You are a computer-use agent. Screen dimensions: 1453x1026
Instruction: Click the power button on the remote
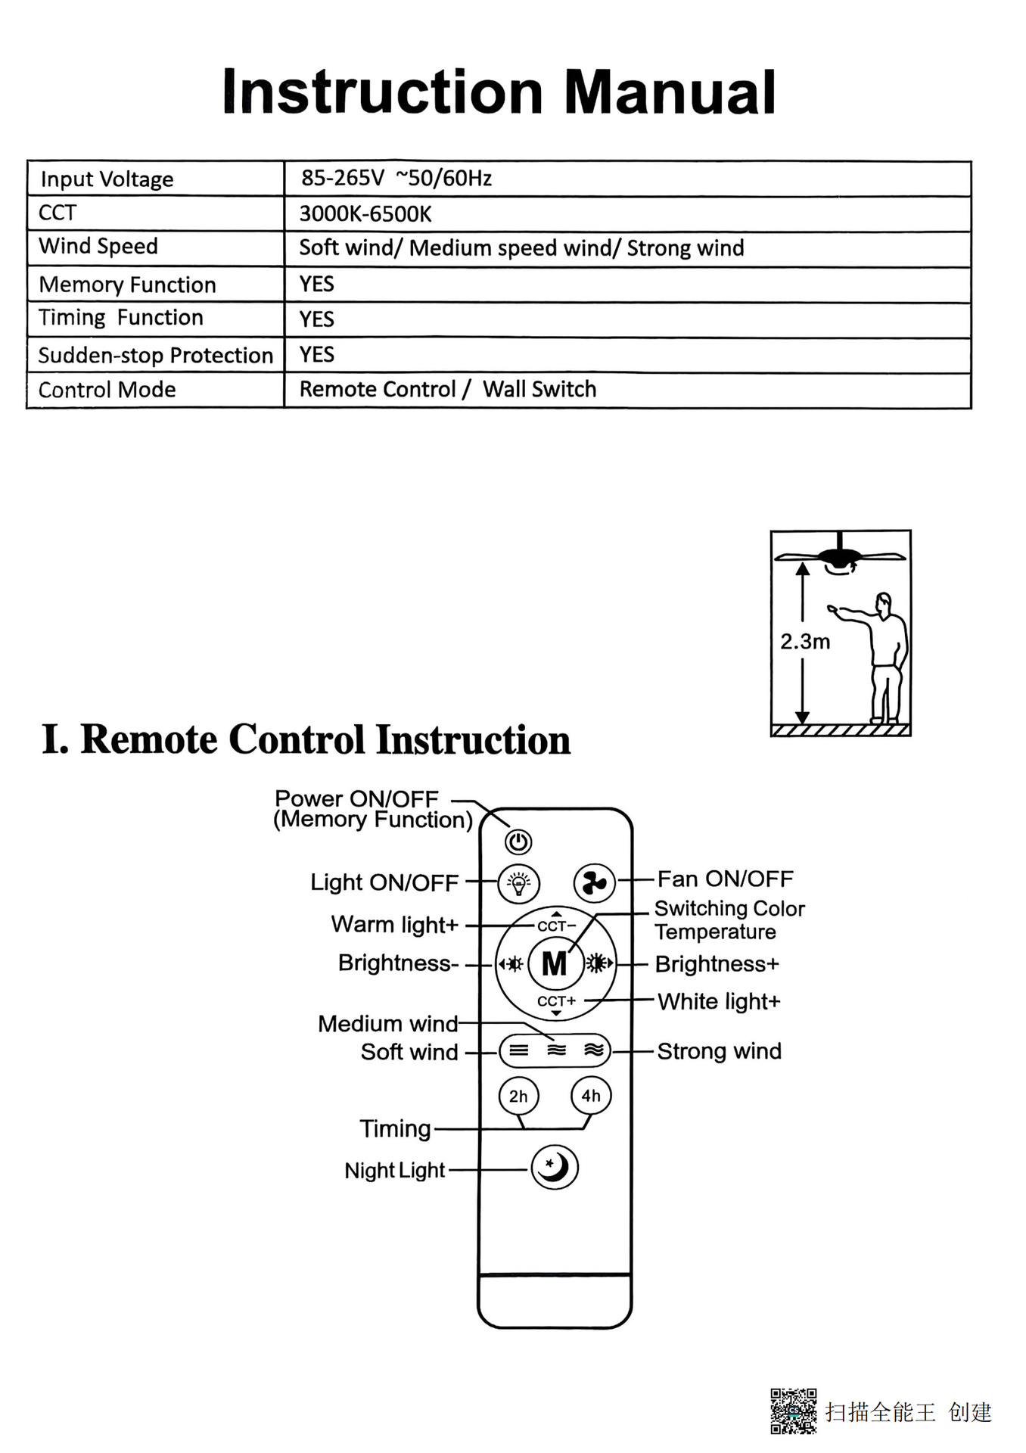[x=518, y=842]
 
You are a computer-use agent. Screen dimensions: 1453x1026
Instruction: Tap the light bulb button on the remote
[x=519, y=882]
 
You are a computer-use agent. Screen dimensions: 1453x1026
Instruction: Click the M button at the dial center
[x=555, y=963]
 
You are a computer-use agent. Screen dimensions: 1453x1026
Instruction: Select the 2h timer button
[x=518, y=1096]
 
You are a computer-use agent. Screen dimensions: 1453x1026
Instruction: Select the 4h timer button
[x=591, y=1095]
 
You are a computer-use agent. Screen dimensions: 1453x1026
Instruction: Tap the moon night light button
[x=555, y=1167]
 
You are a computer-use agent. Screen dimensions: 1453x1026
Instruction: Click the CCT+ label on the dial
[x=557, y=1000]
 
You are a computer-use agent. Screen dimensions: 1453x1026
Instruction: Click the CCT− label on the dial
[x=556, y=926]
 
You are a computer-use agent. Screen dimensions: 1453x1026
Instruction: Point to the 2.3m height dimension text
[x=805, y=642]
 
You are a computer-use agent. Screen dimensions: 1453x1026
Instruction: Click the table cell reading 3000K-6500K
[x=365, y=214]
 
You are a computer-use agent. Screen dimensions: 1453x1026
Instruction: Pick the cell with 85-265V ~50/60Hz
[x=396, y=179]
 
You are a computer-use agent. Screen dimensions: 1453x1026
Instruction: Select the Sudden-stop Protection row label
[x=155, y=355]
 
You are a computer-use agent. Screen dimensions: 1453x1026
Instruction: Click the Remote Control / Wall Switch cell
[x=448, y=389]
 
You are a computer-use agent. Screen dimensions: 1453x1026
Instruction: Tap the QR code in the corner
[x=793, y=1411]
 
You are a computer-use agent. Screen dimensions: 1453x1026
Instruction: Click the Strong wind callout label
[x=719, y=1051]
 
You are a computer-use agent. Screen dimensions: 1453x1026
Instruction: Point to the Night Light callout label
[x=395, y=1170]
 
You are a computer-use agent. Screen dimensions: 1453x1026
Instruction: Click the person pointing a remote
[x=881, y=655]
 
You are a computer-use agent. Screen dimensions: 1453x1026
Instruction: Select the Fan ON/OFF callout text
[x=725, y=879]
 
